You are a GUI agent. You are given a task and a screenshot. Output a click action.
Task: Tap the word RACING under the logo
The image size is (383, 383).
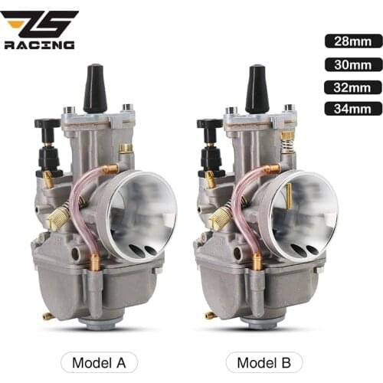click(x=40, y=45)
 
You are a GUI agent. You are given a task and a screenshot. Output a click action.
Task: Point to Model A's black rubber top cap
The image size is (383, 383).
click(x=95, y=89)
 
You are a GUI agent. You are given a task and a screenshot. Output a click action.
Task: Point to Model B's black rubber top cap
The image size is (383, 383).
click(x=257, y=89)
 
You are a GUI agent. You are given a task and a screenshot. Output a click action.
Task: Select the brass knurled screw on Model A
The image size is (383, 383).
click(x=57, y=220)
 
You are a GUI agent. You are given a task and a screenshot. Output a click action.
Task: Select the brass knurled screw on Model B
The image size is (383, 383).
click(x=219, y=220)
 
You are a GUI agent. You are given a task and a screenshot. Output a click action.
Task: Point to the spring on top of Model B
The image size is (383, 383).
click(x=288, y=141)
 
